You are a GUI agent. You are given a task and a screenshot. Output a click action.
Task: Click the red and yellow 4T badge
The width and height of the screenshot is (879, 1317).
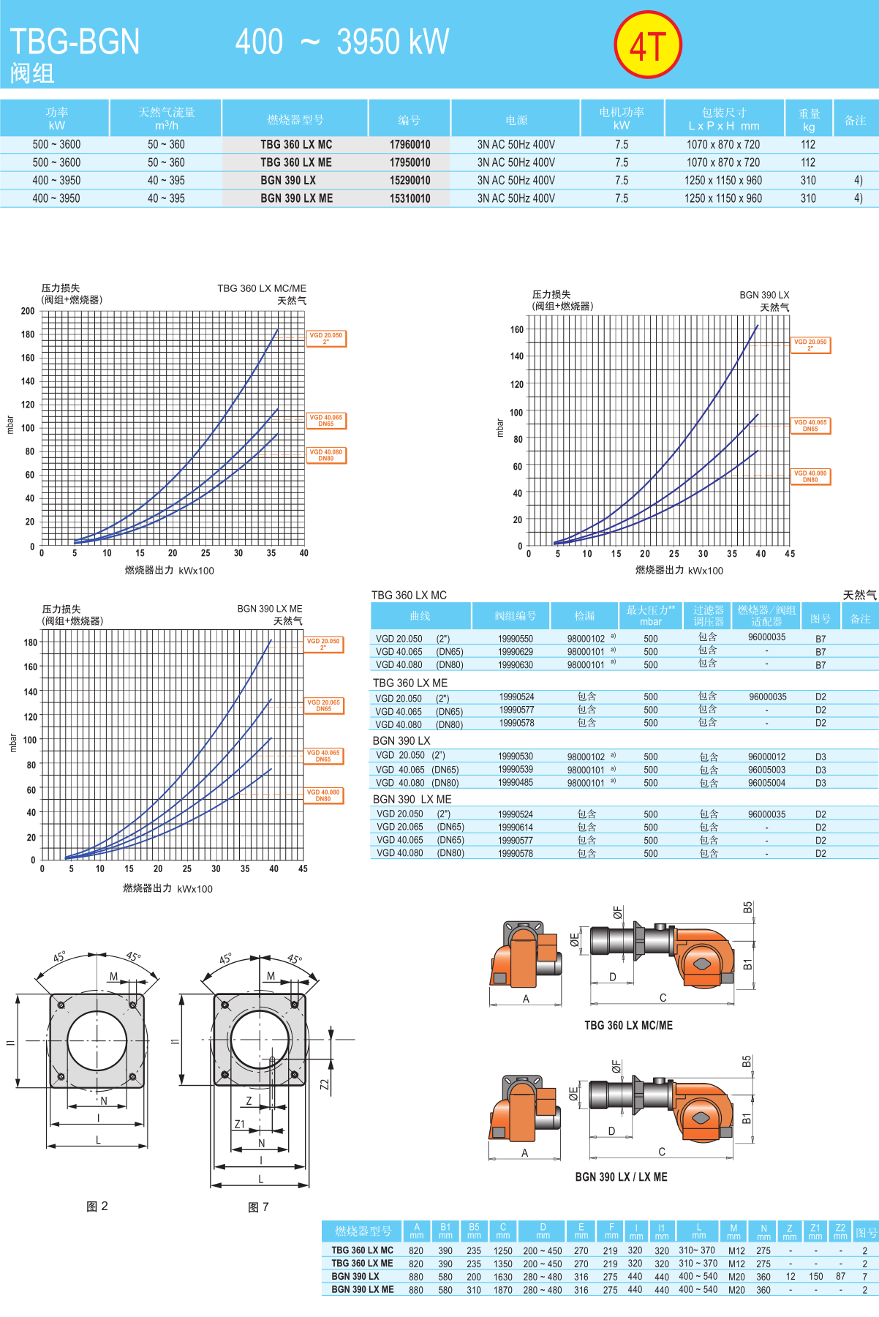pos(648,45)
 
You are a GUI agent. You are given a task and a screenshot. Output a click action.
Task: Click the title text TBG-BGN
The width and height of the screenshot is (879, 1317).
pos(75,42)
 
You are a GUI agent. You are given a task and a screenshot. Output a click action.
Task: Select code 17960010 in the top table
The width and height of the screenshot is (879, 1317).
pos(410,145)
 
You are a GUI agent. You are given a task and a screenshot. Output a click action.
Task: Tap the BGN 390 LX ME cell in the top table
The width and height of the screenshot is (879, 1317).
pos(296,198)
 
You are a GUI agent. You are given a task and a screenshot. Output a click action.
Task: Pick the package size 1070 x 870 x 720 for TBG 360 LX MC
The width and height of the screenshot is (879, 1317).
pos(723,145)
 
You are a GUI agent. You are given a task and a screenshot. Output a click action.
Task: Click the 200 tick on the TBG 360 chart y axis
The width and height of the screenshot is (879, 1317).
pos(28,311)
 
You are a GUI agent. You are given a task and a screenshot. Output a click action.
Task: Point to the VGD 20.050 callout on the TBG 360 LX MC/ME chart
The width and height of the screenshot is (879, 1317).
pos(325,338)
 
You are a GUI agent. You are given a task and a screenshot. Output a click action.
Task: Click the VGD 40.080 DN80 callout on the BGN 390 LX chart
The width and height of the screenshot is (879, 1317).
pos(810,476)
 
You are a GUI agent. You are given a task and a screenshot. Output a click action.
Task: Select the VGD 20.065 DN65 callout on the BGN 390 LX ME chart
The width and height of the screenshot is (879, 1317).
pos(323,705)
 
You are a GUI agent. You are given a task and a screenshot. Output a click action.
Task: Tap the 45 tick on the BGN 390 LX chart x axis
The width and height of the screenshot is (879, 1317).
pos(790,554)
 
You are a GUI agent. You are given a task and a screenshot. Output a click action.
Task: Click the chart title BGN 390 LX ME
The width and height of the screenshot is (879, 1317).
pos(269,609)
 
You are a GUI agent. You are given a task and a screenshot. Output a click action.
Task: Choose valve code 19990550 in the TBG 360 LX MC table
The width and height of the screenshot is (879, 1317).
pos(516,639)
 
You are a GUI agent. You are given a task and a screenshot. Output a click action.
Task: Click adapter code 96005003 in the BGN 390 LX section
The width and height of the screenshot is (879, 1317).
pos(766,770)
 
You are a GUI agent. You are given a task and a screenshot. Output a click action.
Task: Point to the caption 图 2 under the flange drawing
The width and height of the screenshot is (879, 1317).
pos(97,1207)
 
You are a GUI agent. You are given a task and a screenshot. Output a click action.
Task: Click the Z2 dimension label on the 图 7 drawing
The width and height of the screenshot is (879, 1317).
pos(325,1084)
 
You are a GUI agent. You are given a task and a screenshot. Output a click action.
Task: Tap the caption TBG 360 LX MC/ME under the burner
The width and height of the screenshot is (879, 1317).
pos(628,1025)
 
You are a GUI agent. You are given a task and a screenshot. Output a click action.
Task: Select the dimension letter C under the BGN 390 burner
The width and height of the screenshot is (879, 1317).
pos(662,1152)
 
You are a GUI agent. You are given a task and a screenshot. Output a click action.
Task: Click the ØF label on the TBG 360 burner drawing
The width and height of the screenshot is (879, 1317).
pos(617,912)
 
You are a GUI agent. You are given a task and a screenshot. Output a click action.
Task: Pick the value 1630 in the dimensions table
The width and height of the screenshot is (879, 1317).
pos(502,1277)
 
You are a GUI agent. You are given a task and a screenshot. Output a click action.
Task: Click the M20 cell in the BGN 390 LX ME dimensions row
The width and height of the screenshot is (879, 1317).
pos(736,1290)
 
